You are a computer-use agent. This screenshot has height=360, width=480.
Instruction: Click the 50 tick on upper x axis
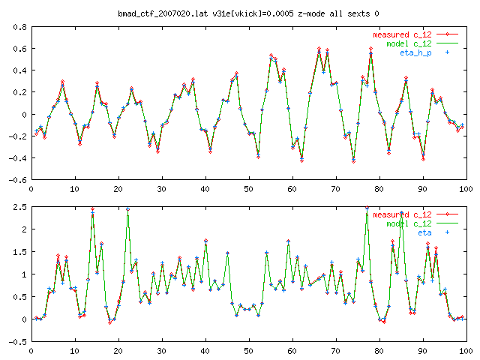[248, 188]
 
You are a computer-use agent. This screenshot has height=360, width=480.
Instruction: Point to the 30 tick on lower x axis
[161, 350]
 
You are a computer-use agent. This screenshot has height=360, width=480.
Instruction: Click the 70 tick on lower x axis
[336, 350]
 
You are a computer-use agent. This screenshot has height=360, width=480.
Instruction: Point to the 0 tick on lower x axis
[31, 350]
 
